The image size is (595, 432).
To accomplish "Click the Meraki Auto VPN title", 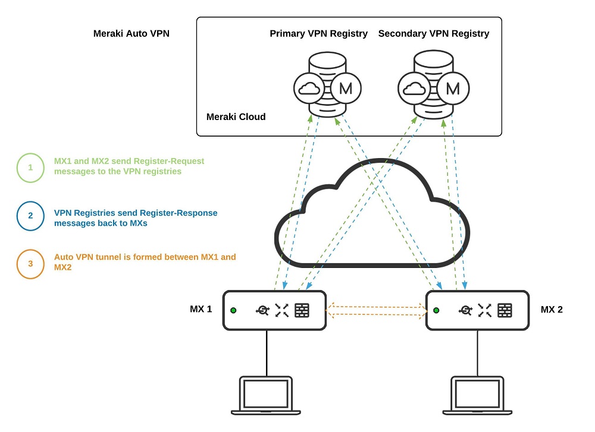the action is [x=131, y=34].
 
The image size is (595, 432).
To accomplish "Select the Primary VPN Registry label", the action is [x=319, y=34].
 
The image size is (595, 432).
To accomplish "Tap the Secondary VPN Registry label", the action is [x=434, y=34].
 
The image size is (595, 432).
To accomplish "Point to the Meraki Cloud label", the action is [x=236, y=116].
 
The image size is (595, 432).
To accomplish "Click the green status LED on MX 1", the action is [x=233, y=310].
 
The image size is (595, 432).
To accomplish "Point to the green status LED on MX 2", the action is [x=436, y=310].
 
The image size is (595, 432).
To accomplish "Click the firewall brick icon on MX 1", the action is [x=302, y=310].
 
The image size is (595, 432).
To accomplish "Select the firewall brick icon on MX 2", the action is [x=505, y=310].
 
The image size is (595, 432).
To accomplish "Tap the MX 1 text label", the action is [x=201, y=309].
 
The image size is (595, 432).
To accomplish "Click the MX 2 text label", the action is [x=552, y=310].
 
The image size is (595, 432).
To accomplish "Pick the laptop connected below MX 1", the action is [x=266, y=395].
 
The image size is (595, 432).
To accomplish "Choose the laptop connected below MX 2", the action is [x=477, y=395].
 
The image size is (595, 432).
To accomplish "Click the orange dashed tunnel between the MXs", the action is [x=376, y=310].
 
